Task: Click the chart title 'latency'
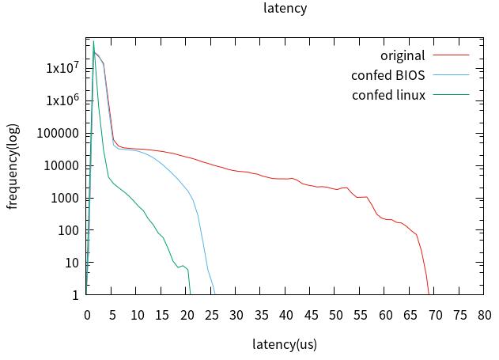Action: click(285, 9)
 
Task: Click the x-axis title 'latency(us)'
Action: click(285, 344)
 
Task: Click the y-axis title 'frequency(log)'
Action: click(12, 166)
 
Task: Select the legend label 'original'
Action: click(403, 55)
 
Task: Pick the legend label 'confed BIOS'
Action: click(387, 76)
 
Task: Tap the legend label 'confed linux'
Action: click(388, 96)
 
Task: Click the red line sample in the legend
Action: click(451, 55)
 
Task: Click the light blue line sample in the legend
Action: click(451, 76)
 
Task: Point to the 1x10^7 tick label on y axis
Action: click(62, 68)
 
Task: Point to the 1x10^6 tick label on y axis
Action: click(62, 100)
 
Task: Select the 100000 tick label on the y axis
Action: click(58, 133)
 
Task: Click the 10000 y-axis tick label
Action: click(61, 165)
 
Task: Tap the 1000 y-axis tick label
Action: click(64, 198)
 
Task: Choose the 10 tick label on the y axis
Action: click(71, 263)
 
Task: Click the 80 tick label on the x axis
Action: click(484, 315)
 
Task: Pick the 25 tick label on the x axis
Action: click(211, 315)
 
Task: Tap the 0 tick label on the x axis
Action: click(87, 315)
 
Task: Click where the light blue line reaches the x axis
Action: click(214, 294)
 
